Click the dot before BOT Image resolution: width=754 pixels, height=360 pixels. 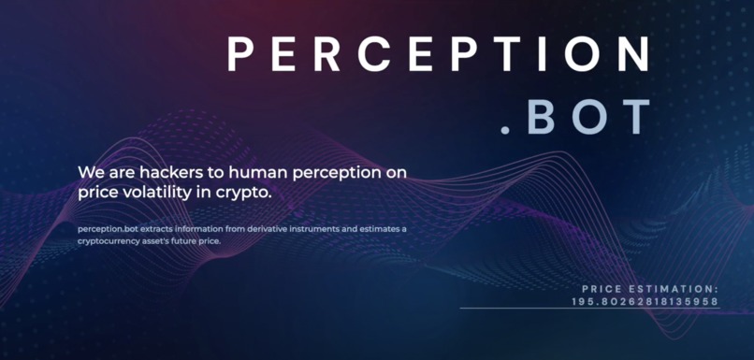tap(506, 131)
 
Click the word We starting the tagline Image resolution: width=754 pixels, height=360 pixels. tap(90, 173)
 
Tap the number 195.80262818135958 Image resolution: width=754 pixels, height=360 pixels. tap(645, 301)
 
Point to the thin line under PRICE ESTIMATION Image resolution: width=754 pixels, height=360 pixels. tap(589, 309)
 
